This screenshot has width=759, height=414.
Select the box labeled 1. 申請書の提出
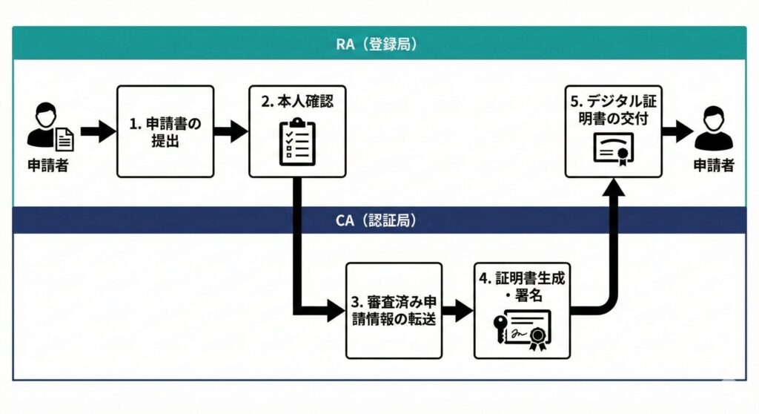tap(165, 131)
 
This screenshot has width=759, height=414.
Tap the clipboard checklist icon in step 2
tap(296, 141)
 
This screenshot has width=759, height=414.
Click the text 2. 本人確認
tap(296, 102)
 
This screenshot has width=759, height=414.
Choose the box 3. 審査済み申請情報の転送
tap(394, 310)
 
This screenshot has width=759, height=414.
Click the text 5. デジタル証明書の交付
tap(613, 109)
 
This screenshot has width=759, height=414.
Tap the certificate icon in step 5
tap(612, 151)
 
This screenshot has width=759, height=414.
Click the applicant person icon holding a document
tap(50, 128)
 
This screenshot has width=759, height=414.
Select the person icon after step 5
tap(713, 128)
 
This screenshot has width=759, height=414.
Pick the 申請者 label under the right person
tap(713, 165)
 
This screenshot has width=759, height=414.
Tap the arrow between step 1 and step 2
tap(230, 132)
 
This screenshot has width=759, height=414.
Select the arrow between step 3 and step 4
tap(457, 310)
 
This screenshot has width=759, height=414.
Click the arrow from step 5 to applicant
tap(677, 132)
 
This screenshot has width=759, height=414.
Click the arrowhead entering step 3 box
tap(337, 310)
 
